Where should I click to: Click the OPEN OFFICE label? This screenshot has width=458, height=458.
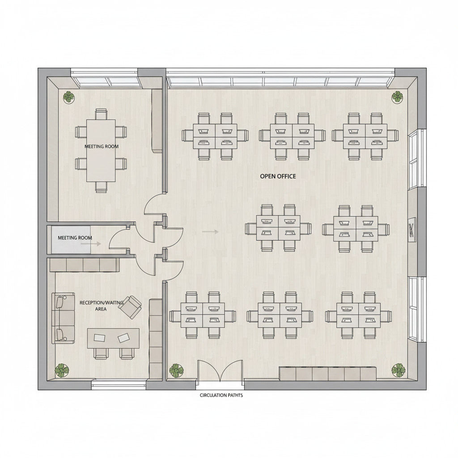[x=278, y=176]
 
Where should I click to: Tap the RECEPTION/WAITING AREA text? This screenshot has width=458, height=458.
[x=101, y=305]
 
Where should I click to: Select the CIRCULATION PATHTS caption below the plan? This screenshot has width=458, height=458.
[x=221, y=395]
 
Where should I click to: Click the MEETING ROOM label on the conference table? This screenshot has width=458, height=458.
[x=101, y=146]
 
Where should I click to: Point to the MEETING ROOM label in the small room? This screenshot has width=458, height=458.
[x=75, y=237]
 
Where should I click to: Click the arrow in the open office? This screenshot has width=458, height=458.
[x=210, y=232]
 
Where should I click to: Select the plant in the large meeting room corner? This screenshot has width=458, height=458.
[x=68, y=97]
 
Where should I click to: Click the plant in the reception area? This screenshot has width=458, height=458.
[x=62, y=370]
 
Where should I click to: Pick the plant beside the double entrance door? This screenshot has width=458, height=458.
[x=176, y=370]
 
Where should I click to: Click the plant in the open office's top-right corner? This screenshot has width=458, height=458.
[x=397, y=97]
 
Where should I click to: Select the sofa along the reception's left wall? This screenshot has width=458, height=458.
[x=63, y=318]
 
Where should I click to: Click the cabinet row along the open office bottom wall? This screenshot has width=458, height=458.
[x=327, y=373]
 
